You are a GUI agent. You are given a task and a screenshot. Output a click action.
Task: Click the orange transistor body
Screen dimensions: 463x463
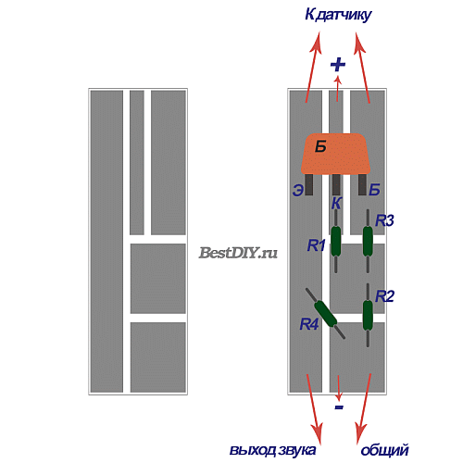click(x=335, y=154)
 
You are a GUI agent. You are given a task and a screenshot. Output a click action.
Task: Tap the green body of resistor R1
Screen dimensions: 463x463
click(x=336, y=241)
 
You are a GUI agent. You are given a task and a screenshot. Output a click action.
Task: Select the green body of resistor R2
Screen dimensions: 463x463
click(x=368, y=315)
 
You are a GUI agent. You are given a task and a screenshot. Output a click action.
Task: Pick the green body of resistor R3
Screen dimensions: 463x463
click(x=368, y=241)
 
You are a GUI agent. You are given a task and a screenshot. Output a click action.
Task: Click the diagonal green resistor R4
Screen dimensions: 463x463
click(x=326, y=314)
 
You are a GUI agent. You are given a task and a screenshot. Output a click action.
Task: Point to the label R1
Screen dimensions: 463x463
click(x=317, y=245)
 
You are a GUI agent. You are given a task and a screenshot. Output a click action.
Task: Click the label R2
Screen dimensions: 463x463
click(x=384, y=296)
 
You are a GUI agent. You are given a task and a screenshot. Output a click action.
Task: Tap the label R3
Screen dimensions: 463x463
click(x=384, y=220)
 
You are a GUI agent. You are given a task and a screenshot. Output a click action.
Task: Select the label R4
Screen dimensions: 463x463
click(x=309, y=324)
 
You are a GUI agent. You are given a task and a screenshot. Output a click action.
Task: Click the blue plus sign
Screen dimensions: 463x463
click(x=338, y=65)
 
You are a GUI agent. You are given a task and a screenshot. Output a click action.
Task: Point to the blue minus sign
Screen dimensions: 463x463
click(x=339, y=407)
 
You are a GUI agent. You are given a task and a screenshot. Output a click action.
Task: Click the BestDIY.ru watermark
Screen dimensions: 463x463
click(x=238, y=253)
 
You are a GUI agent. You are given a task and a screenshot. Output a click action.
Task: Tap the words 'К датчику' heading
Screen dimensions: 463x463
click(x=338, y=15)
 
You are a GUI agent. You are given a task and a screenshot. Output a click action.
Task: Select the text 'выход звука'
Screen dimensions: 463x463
click(x=272, y=450)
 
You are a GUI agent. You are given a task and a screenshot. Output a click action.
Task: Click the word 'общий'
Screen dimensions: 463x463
click(x=385, y=450)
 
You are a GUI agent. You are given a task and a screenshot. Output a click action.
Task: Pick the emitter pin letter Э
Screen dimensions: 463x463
click(x=298, y=190)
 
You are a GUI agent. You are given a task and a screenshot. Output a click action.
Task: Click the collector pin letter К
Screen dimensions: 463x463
click(x=336, y=203)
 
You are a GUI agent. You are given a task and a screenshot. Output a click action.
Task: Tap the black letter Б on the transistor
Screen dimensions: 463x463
click(x=320, y=146)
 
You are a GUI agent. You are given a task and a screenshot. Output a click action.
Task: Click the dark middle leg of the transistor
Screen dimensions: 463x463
click(x=336, y=184)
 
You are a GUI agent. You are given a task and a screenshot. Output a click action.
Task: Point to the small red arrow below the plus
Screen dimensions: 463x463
click(x=338, y=89)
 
